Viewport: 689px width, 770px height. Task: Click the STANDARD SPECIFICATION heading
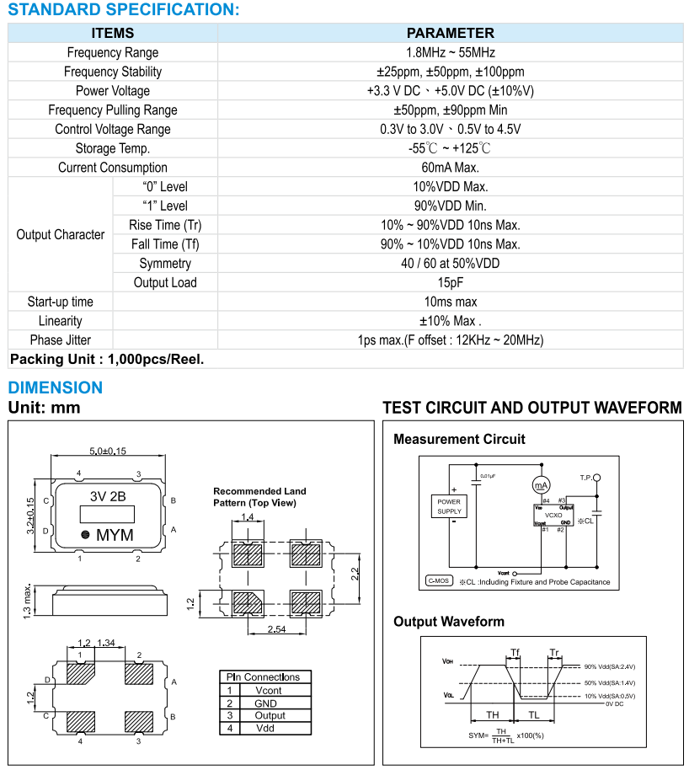[x=124, y=10]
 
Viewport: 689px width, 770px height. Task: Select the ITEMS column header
[x=113, y=33]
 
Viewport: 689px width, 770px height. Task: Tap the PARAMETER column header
[x=450, y=33]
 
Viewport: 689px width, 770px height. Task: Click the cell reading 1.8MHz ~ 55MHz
[x=450, y=52]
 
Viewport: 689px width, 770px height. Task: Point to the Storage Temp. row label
[x=113, y=148]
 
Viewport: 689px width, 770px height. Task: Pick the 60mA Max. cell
[x=450, y=168]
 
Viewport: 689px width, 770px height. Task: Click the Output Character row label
[x=61, y=234]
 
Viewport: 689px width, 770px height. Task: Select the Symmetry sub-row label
[x=165, y=264]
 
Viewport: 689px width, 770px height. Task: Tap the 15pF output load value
[x=450, y=282]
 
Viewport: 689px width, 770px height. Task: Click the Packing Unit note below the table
[x=107, y=359]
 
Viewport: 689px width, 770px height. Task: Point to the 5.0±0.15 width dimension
[x=108, y=451]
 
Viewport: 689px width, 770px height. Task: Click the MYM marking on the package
[x=115, y=535]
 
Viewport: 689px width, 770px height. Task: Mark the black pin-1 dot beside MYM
[x=85, y=535]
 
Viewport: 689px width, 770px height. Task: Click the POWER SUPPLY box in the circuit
[x=449, y=505]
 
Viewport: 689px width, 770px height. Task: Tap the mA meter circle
[x=540, y=484]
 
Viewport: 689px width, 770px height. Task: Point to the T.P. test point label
[x=586, y=478]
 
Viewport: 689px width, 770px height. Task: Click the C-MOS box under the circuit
[x=440, y=580]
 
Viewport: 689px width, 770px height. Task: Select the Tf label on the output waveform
[x=515, y=652]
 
